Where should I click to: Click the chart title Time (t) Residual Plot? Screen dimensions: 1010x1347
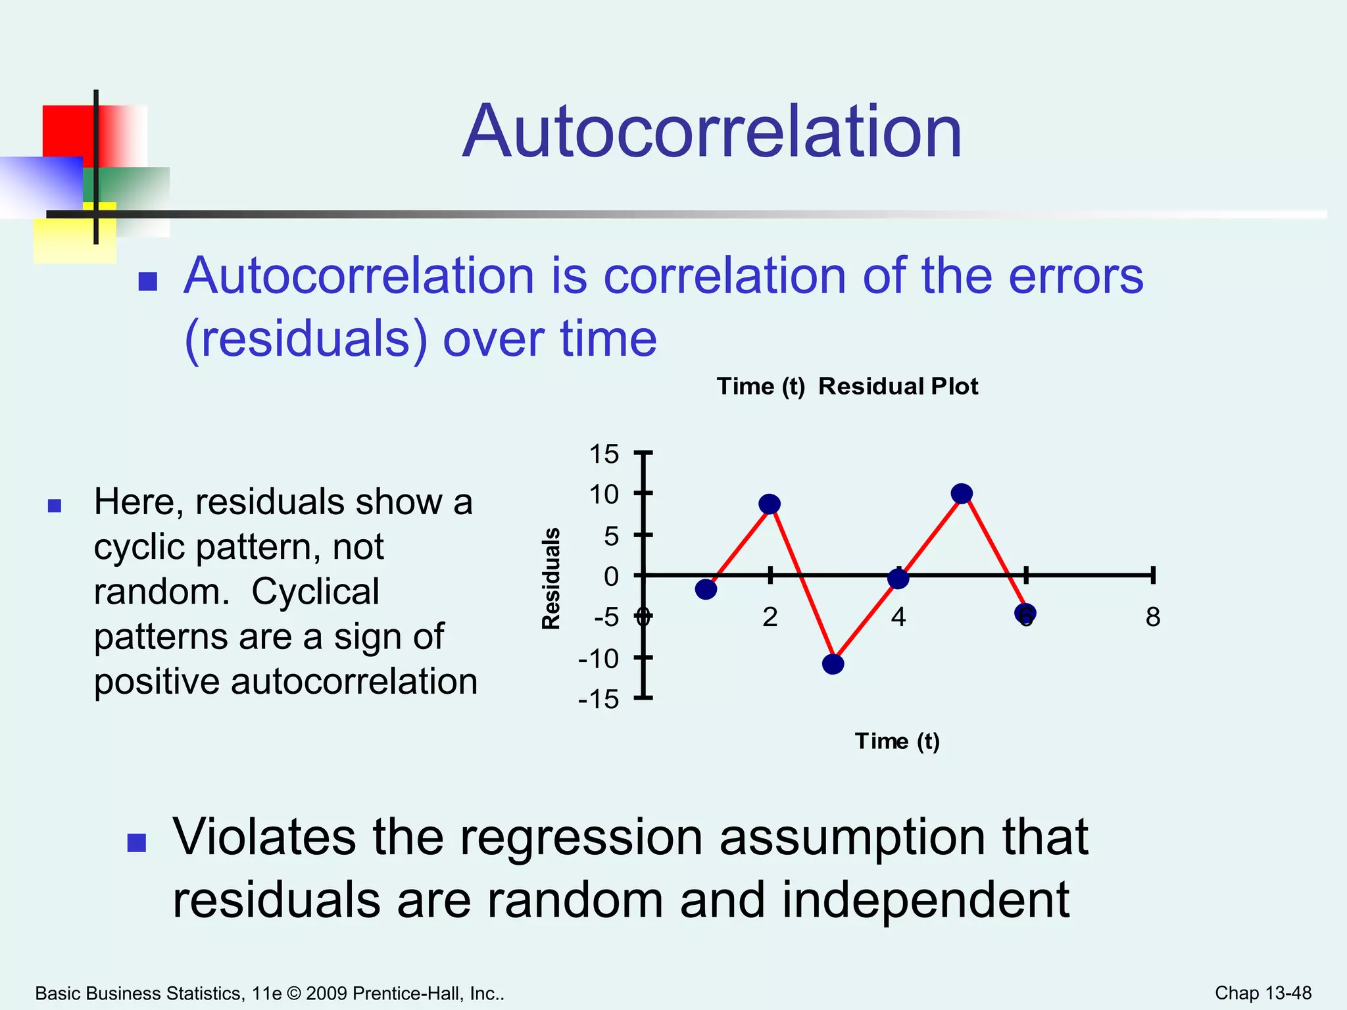(x=847, y=386)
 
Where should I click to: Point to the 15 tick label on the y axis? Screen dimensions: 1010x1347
(x=604, y=454)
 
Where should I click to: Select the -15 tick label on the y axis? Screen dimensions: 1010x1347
(x=599, y=700)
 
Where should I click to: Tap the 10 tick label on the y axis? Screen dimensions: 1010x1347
(x=604, y=494)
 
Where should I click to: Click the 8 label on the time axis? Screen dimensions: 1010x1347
(x=1152, y=617)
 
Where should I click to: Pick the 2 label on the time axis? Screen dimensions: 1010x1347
(x=770, y=617)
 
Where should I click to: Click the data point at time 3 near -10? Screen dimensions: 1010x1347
(x=833, y=664)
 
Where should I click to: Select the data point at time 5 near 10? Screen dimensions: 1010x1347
(x=962, y=493)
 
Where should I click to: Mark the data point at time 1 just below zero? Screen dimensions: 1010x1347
(x=706, y=589)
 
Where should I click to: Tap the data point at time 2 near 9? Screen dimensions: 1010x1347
(x=770, y=504)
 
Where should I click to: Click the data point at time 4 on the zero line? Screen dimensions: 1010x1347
(x=898, y=579)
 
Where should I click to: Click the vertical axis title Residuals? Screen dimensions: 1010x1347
(x=551, y=579)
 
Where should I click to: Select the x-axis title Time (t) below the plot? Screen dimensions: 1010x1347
(x=897, y=741)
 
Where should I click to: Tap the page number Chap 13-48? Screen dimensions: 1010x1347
(x=1263, y=993)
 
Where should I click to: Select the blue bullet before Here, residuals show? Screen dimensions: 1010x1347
(x=55, y=506)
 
